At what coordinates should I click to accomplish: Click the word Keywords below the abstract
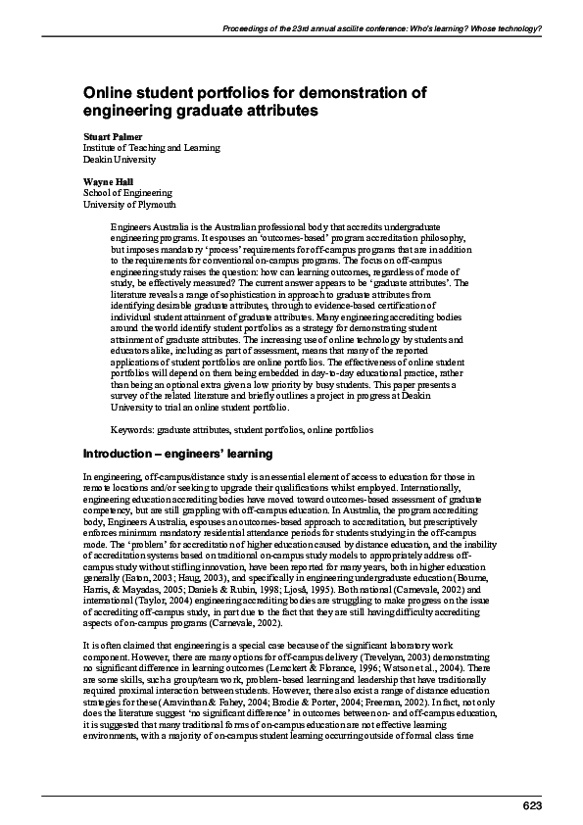click(131, 430)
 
